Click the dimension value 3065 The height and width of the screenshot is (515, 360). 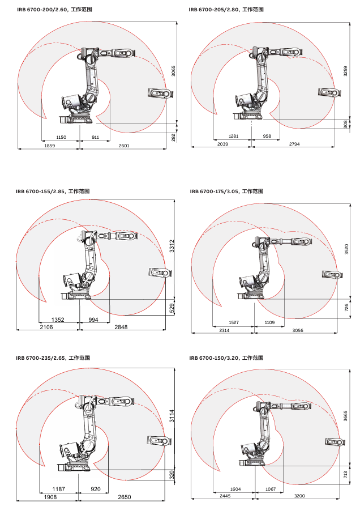tap(174, 71)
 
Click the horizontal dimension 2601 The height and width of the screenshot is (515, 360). tap(124, 146)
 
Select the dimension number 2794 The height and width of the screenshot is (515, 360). tap(294, 144)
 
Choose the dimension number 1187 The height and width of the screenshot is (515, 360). tap(58, 489)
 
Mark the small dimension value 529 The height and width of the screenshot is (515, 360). tap(172, 308)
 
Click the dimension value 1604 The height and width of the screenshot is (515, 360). tap(233, 488)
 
